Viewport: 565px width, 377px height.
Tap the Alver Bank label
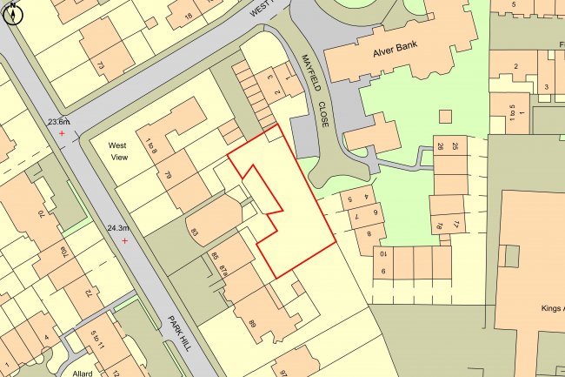[x=402, y=50]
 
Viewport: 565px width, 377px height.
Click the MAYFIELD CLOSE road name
[x=316, y=89]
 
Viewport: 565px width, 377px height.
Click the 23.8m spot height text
[x=58, y=123]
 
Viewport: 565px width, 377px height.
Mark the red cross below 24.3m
[x=125, y=240]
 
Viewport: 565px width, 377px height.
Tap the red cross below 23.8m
[x=61, y=134]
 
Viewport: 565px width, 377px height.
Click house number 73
[x=100, y=66]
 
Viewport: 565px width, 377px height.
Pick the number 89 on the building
[x=252, y=323]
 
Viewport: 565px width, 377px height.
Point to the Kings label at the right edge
[x=552, y=308]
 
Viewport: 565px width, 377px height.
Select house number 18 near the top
[x=187, y=17]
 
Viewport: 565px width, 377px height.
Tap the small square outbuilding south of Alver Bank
[x=446, y=117]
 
